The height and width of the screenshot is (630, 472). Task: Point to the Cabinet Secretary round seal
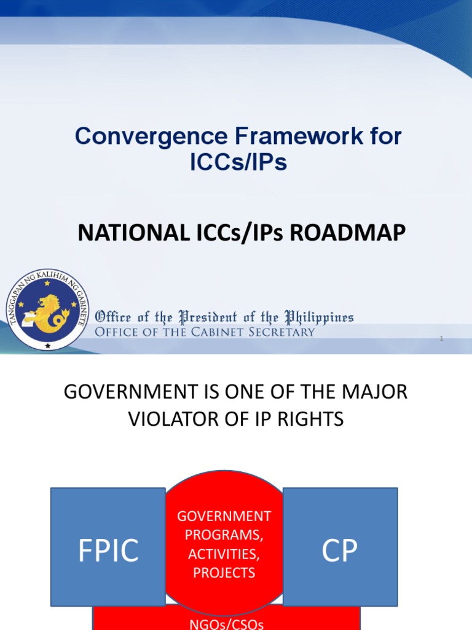[48, 309]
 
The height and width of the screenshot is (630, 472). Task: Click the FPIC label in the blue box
[108, 551]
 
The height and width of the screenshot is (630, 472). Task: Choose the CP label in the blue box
[340, 551]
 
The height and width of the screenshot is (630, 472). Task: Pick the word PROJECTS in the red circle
[224, 572]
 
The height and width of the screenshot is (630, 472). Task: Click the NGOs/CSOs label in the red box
[225, 624]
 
